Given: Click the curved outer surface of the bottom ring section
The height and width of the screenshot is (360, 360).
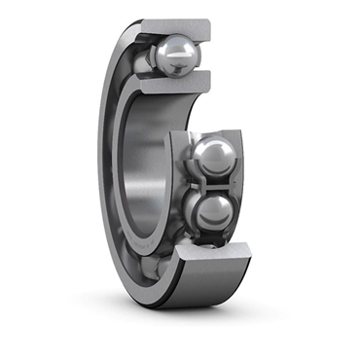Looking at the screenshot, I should click(195, 292).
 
